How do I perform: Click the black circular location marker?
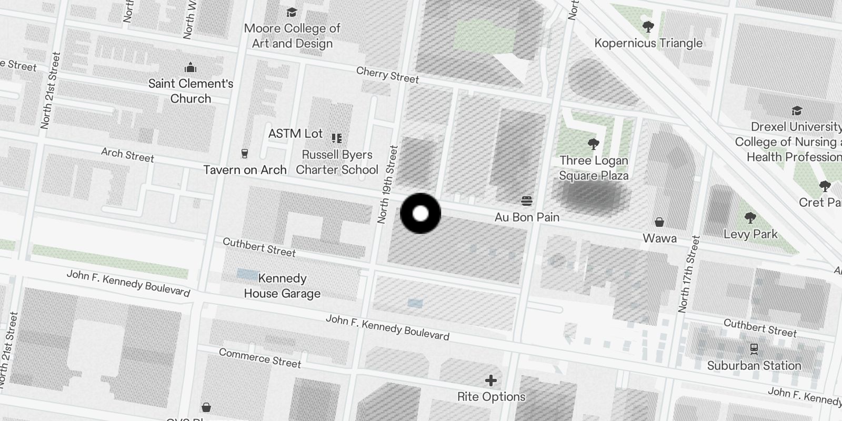[420, 213]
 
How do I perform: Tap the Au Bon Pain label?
[527, 217]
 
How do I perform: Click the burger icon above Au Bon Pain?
[527, 201]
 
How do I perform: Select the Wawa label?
[659, 238]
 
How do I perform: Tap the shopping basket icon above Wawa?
[659, 222]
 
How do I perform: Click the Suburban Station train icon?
[754, 349]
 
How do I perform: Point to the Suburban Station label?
[754, 365]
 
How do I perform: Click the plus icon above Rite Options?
[491, 380]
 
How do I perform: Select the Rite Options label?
[491, 397]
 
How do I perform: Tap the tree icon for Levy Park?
[750, 218]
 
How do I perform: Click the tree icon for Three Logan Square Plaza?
[594, 144]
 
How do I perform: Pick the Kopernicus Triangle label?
[648, 43]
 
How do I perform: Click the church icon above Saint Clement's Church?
[191, 67]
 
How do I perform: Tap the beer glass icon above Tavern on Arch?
[245, 154]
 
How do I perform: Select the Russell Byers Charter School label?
[337, 162]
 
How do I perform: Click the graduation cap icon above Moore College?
[292, 12]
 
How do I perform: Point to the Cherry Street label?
[387, 75]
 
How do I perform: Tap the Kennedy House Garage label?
[282, 286]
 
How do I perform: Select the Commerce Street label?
[260, 358]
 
